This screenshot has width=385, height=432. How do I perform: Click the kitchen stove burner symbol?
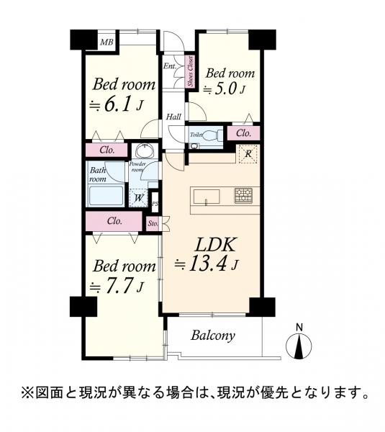coord(243,195)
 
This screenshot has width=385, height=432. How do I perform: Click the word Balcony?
coord(212,336)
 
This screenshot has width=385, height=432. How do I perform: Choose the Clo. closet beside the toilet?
coord(243,133)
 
